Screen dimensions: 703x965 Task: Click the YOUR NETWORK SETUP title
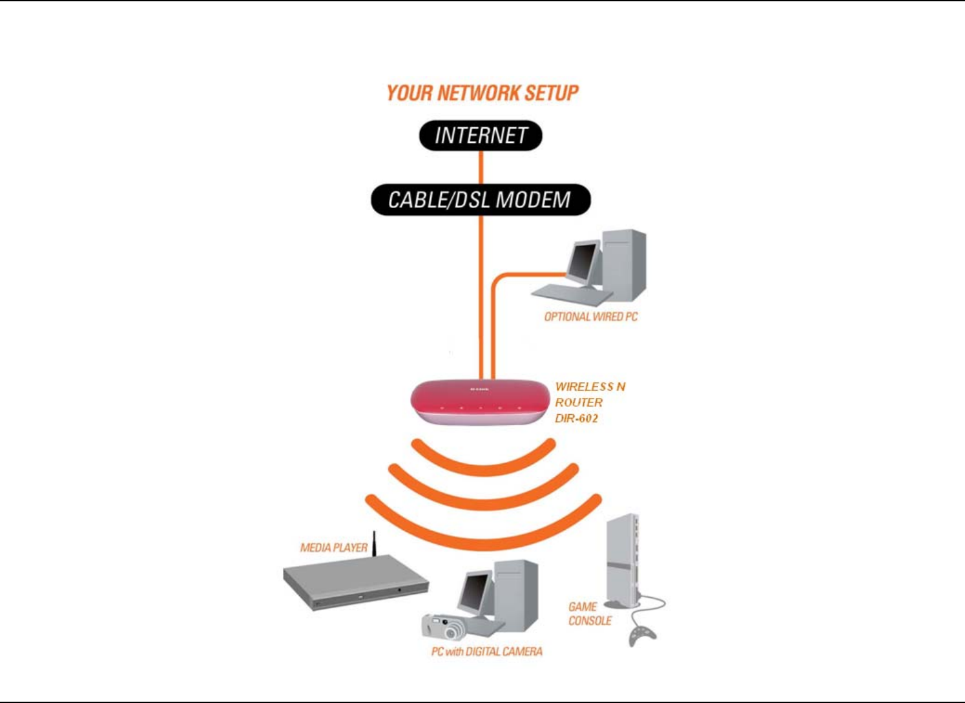coord(482,93)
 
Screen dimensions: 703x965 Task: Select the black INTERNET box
coord(481,136)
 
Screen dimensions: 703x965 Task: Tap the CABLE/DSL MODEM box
coord(480,200)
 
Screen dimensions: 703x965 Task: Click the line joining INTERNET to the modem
coord(481,167)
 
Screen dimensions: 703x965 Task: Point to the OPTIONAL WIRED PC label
coord(590,317)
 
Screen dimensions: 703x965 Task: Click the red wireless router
coord(479,401)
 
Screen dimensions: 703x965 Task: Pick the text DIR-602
coord(576,418)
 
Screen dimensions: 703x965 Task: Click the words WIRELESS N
coord(590,386)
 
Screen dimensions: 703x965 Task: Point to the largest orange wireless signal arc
coord(483,530)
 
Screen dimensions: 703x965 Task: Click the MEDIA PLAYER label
coord(333,548)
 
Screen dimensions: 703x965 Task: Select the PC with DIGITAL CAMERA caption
coord(486,651)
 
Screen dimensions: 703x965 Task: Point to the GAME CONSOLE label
coord(589,614)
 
